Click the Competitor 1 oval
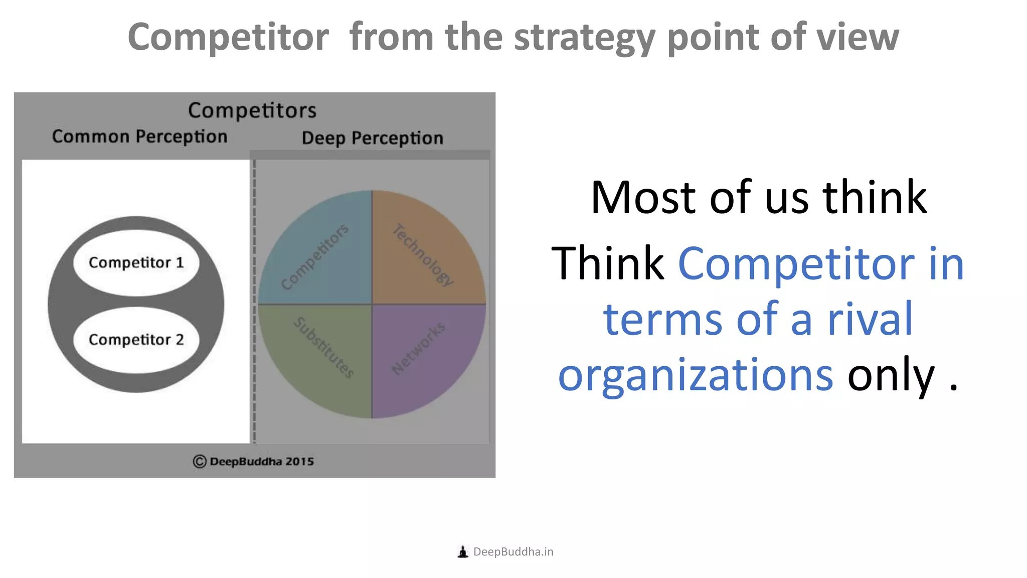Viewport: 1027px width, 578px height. click(136, 262)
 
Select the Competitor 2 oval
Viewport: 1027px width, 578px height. click(136, 340)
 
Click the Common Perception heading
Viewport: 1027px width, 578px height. click(139, 136)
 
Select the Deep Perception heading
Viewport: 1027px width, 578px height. click(372, 138)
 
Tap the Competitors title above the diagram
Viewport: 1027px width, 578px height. click(252, 110)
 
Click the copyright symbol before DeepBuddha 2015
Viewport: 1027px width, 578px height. click(200, 462)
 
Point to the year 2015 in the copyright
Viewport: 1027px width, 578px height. click(299, 462)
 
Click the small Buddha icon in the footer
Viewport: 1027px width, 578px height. click(463, 552)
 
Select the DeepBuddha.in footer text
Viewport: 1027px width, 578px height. click(513, 552)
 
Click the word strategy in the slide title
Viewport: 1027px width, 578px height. click(584, 38)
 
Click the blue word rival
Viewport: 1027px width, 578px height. click(870, 319)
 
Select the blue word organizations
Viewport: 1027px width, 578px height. click(696, 375)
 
